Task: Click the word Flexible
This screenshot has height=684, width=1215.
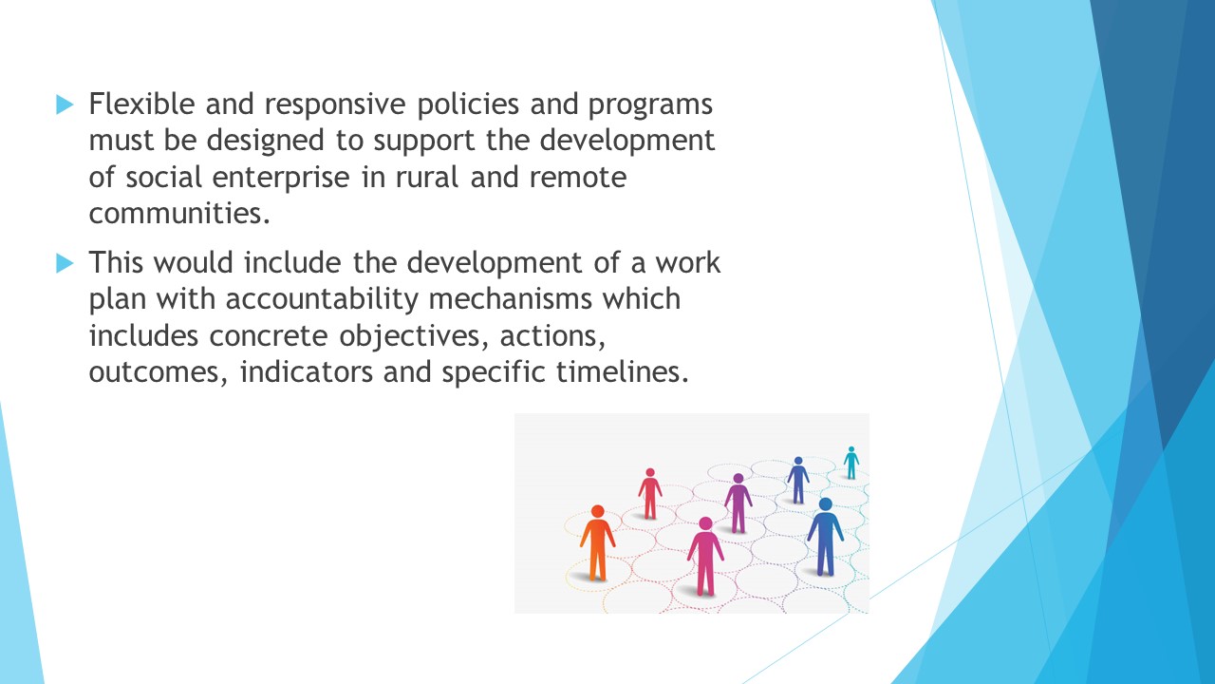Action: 141,104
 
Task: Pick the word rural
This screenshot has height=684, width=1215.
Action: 427,177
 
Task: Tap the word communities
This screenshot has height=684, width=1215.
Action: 179,213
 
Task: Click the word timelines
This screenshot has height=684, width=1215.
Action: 622,371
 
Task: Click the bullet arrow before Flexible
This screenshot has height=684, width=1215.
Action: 65,104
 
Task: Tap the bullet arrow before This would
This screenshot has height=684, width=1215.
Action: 65,263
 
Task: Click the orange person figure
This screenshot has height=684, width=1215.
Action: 598,542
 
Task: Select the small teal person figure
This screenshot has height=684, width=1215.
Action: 851,463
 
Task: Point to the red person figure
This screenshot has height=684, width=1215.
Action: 650,493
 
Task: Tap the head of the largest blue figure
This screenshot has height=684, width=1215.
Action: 826,504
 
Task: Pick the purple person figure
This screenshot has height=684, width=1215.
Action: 738,503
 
